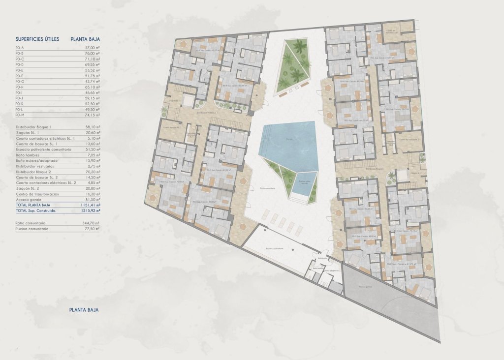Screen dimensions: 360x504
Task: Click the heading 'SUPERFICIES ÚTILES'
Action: pos(37,38)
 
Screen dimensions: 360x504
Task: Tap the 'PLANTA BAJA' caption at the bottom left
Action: pos(84,310)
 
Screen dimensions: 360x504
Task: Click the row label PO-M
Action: pos(20,114)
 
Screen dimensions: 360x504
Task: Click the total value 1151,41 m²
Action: pos(90,205)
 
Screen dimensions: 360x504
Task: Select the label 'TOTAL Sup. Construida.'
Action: pos(36,210)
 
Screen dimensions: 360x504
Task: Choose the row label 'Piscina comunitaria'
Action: pos(32,229)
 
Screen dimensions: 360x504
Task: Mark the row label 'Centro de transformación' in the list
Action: pos(37,194)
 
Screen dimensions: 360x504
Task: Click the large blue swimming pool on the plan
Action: pos(289,143)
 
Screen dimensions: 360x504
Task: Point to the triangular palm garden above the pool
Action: pos(294,64)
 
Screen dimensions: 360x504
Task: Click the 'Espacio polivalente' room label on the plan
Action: pos(275,249)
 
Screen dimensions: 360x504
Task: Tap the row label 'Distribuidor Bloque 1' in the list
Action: pos(33,127)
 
